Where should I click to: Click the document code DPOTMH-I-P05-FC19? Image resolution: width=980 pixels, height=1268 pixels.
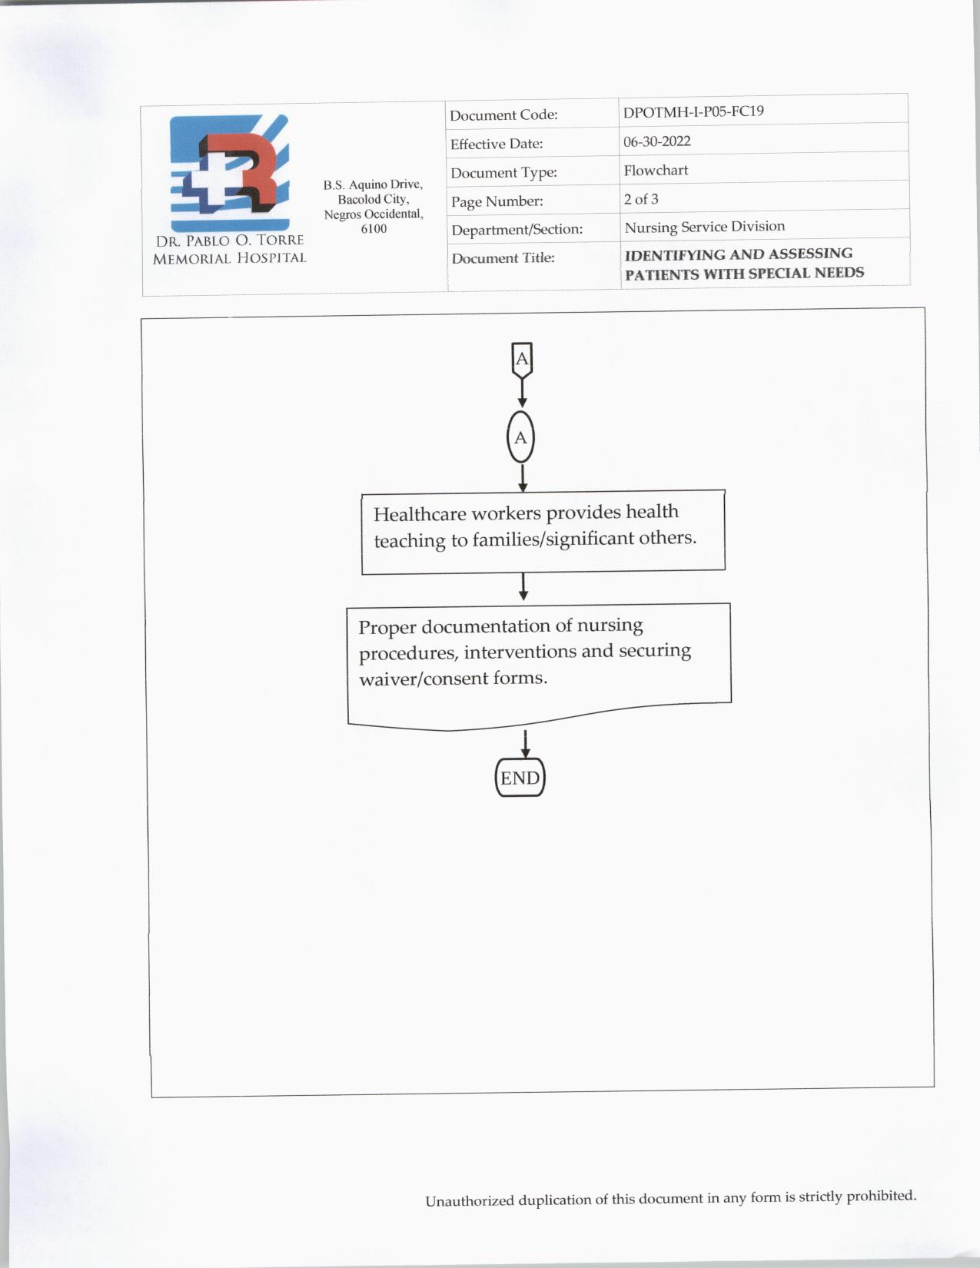tap(693, 111)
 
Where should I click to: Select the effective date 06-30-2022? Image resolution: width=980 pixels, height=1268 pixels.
tap(657, 141)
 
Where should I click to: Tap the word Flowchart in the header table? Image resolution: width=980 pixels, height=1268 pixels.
tap(656, 171)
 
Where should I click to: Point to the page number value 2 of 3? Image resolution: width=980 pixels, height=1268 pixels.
tap(641, 199)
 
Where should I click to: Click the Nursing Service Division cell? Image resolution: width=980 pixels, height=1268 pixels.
tap(704, 227)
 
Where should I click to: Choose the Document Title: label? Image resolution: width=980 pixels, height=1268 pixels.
tap(503, 258)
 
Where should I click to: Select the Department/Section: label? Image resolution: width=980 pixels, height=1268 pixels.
tap(517, 230)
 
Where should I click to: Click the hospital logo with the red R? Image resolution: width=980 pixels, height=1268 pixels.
tap(229, 173)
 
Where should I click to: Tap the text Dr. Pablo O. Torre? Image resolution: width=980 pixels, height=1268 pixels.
tap(229, 241)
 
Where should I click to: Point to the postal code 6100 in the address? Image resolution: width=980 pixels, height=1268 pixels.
tap(374, 229)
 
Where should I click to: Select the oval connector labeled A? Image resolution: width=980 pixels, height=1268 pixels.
tap(520, 438)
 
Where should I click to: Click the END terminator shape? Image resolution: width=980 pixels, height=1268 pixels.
tap(520, 778)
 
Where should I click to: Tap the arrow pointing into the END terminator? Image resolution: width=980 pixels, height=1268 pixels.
tap(525, 744)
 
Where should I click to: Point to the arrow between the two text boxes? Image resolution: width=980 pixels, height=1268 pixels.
tap(523, 587)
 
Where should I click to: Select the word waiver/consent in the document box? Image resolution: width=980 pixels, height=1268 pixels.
tap(414, 679)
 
